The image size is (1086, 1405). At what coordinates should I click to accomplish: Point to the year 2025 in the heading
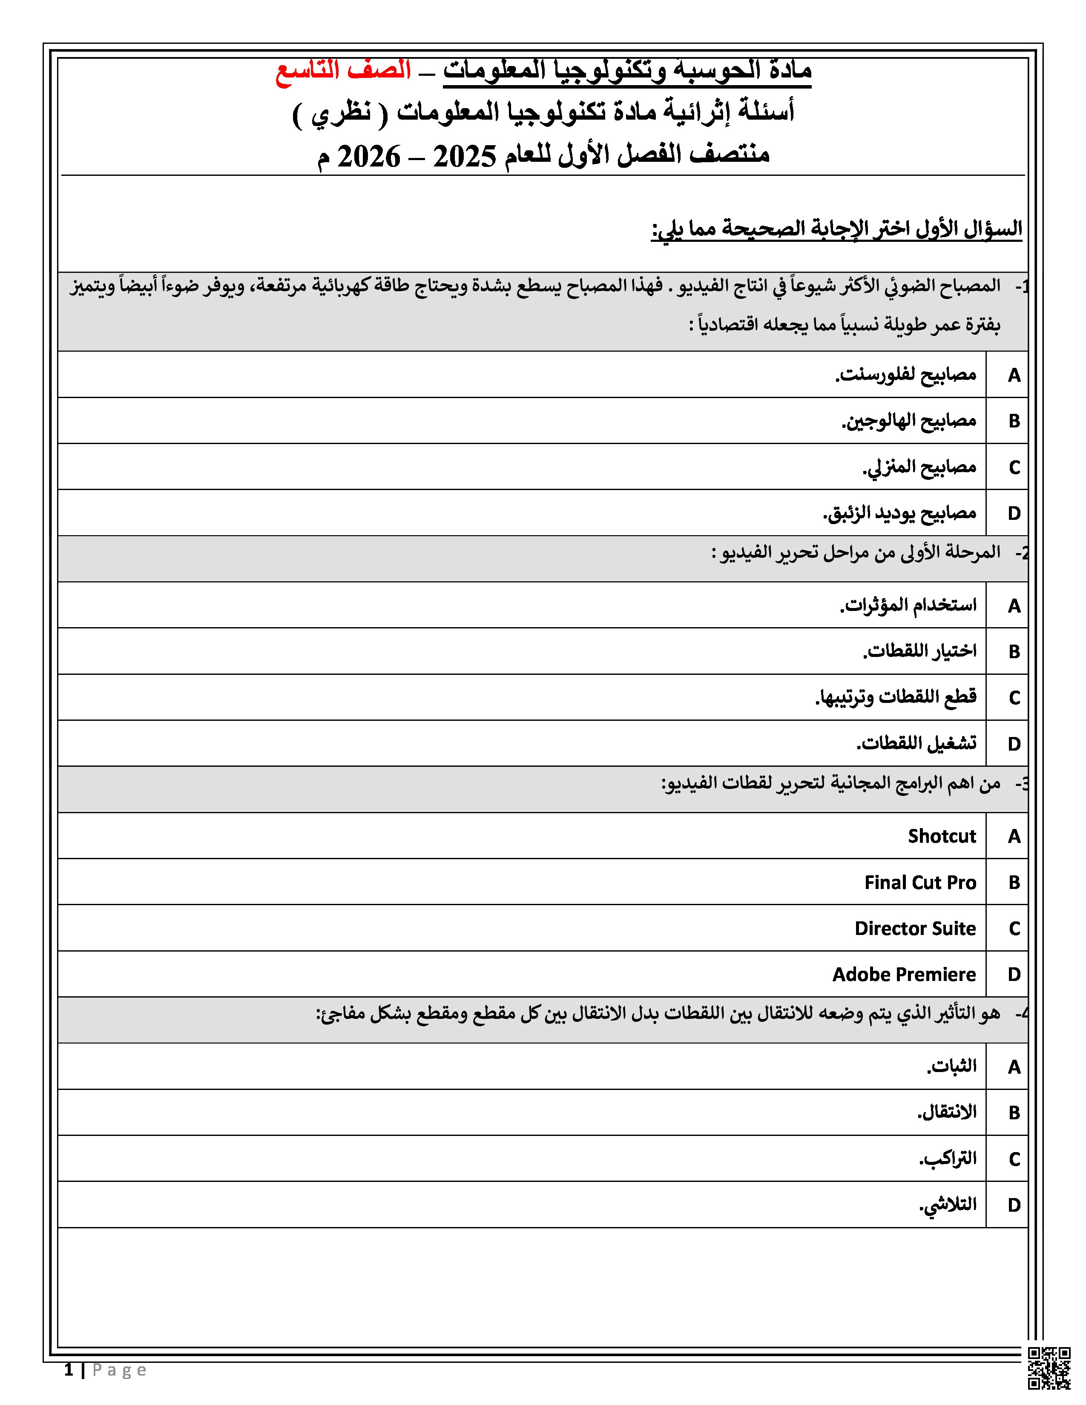tap(465, 156)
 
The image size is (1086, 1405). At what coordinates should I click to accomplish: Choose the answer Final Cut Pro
tap(920, 882)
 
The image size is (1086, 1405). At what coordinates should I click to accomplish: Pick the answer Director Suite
tap(915, 928)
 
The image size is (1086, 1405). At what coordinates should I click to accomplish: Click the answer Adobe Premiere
tap(904, 974)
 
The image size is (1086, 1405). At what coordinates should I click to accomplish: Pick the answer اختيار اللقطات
tap(919, 651)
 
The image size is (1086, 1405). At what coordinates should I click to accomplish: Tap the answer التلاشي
tap(948, 1204)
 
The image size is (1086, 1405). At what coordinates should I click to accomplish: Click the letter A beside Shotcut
tap(1014, 836)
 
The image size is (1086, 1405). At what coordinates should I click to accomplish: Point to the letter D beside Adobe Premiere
tap(1014, 975)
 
